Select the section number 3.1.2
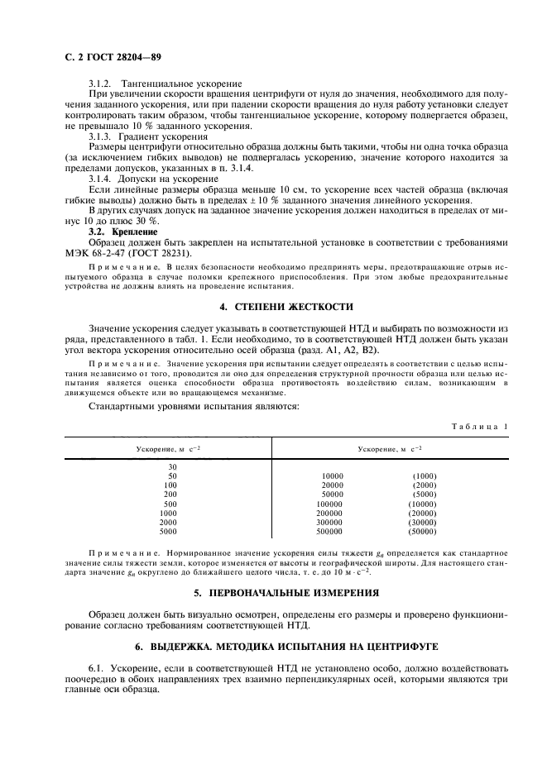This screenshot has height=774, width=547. point(101,84)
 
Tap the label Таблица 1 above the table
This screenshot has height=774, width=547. point(480,426)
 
